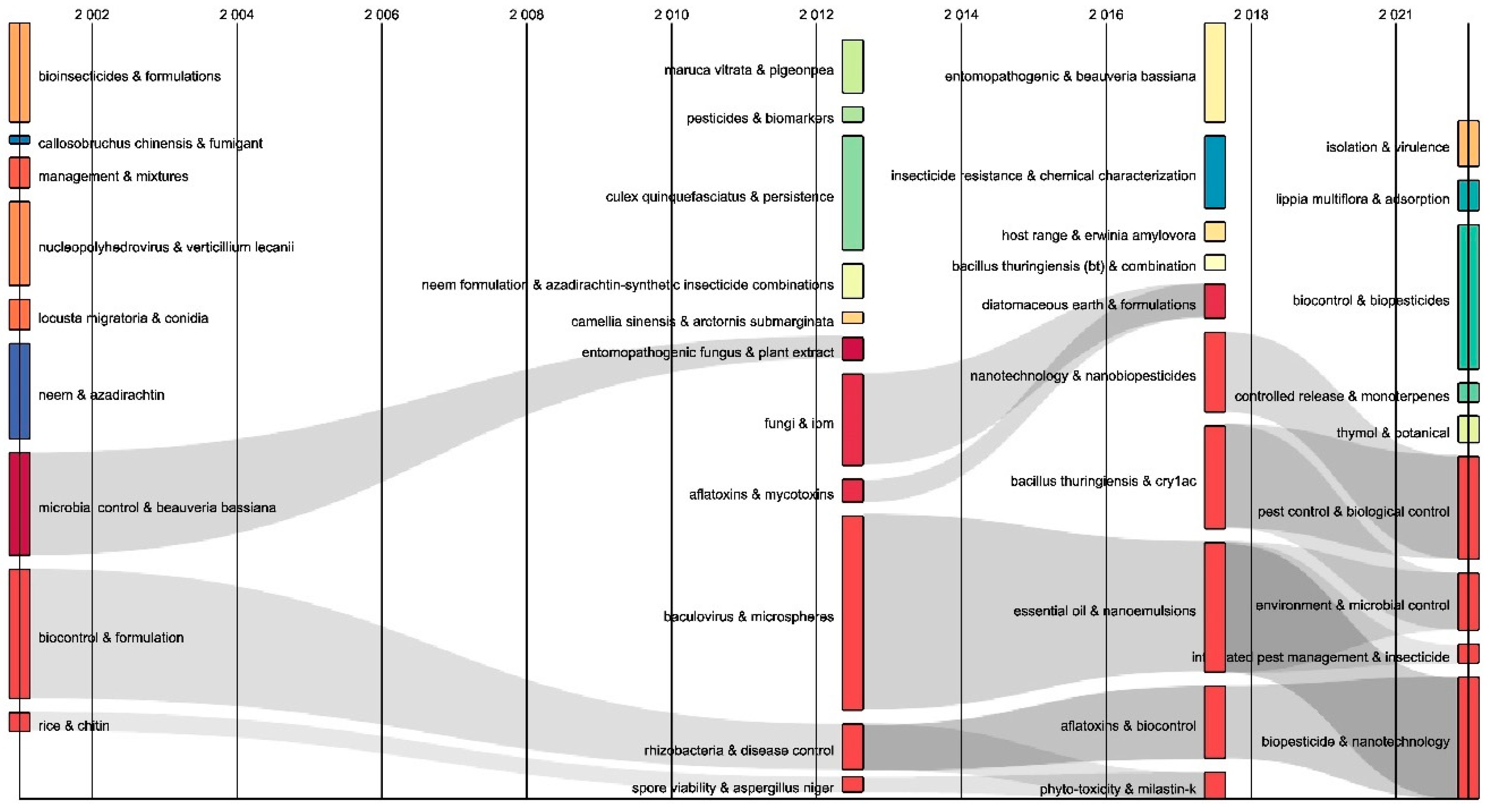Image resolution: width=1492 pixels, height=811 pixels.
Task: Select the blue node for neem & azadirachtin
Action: pos(19,391)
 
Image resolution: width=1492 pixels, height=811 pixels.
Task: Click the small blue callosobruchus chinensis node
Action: pos(19,140)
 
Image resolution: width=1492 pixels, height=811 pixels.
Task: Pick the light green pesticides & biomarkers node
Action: pos(852,115)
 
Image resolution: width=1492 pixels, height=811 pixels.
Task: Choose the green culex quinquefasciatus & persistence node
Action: pos(852,193)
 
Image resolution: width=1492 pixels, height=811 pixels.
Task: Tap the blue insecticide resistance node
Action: pos(1215,172)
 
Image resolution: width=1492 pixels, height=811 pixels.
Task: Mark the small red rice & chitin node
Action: pos(19,722)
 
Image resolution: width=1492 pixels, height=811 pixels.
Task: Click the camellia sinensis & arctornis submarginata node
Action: pos(852,317)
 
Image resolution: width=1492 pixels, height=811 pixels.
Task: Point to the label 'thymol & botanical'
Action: pos(1392,433)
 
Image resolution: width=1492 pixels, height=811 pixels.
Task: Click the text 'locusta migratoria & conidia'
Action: pos(123,318)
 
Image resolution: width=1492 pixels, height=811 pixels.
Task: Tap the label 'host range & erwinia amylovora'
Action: pos(1098,235)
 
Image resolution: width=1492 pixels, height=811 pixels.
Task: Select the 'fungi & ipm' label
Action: pos(799,424)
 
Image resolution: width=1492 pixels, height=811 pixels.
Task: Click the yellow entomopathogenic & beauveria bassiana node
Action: pos(1215,73)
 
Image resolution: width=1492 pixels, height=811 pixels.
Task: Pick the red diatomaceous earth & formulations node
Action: pos(1215,301)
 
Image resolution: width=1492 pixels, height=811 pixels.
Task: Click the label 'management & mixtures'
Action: pos(113,176)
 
